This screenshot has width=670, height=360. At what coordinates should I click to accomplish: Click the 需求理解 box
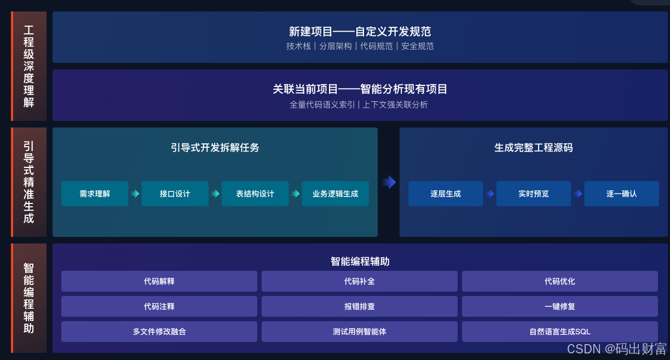coord(95,194)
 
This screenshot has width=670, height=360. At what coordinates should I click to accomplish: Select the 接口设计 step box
coord(175,194)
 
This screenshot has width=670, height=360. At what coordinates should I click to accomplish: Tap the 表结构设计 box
coord(255,194)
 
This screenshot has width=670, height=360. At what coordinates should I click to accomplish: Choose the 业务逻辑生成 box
coord(335,194)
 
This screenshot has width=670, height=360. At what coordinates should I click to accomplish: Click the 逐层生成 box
coord(446,194)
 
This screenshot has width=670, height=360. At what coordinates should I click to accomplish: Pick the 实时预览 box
coord(533,194)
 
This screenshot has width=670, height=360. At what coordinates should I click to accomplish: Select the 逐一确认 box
coord(621,194)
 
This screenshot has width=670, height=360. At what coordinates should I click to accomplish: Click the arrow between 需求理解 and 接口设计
coord(135,194)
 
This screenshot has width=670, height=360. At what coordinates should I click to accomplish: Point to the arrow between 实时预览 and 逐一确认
coord(577,194)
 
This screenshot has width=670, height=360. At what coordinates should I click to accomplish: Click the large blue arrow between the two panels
coord(389,182)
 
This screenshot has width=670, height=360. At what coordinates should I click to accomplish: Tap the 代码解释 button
coord(159,281)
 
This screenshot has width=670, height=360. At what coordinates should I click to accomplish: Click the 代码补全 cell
coord(359,281)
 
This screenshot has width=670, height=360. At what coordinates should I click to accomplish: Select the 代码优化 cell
coord(559,281)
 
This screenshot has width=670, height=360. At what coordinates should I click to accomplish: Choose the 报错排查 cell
coord(359,306)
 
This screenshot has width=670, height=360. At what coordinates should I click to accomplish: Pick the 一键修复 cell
coord(559,306)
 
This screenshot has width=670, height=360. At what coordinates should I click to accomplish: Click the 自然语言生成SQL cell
coord(559,332)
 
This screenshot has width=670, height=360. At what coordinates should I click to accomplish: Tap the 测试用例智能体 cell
coord(359,332)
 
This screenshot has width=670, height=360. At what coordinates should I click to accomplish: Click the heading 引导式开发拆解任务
coord(215,148)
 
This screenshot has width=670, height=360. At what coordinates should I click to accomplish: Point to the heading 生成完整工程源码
coord(533,148)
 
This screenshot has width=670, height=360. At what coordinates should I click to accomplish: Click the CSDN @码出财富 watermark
coord(616,349)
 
